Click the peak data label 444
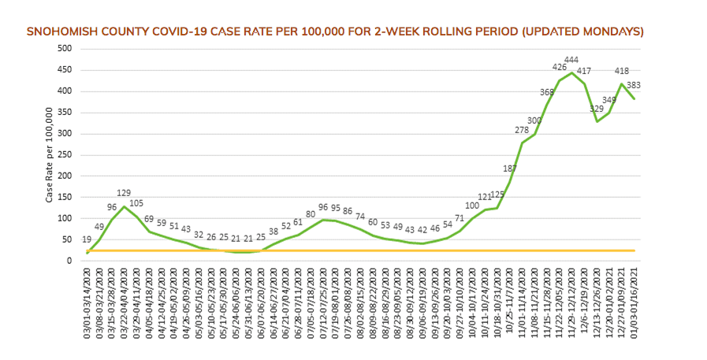coord(571,60)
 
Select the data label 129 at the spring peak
coord(125,193)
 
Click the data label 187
coord(510,169)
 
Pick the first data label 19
coord(87,239)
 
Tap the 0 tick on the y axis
coord(69,261)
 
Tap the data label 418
coord(622,70)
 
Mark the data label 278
coord(522,130)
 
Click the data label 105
coord(137,203)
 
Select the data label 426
coord(559,67)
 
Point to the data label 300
coord(534,121)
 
